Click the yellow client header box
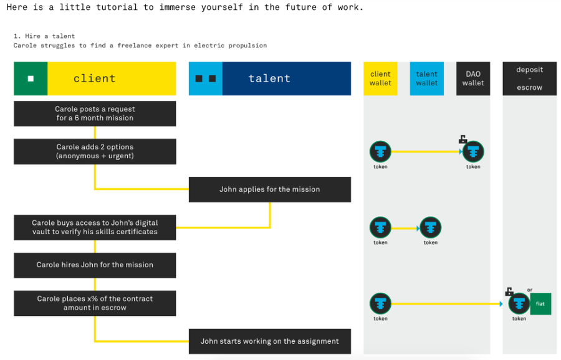tap(112, 78)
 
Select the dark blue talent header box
tap(287, 78)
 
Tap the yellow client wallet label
tap(380, 78)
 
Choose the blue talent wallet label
tap(427, 78)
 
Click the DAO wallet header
tap(473, 78)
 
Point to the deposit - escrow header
tap(529, 78)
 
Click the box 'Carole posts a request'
tap(95, 114)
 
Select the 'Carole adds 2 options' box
tap(95, 151)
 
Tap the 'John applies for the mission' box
tap(270, 189)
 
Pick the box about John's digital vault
tap(95, 227)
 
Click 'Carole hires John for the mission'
tap(95, 265)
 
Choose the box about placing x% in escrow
tap(95, 303)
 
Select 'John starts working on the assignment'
tap(270, 341)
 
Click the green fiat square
tap(540, 304)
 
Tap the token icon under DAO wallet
tap(473, 151)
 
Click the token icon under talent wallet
tap(430, 227)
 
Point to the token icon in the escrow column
tap(519, 304)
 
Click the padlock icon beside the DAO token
tap(463, 139)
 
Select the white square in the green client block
tap(31, 78)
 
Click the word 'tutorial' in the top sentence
tap(117, 7)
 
